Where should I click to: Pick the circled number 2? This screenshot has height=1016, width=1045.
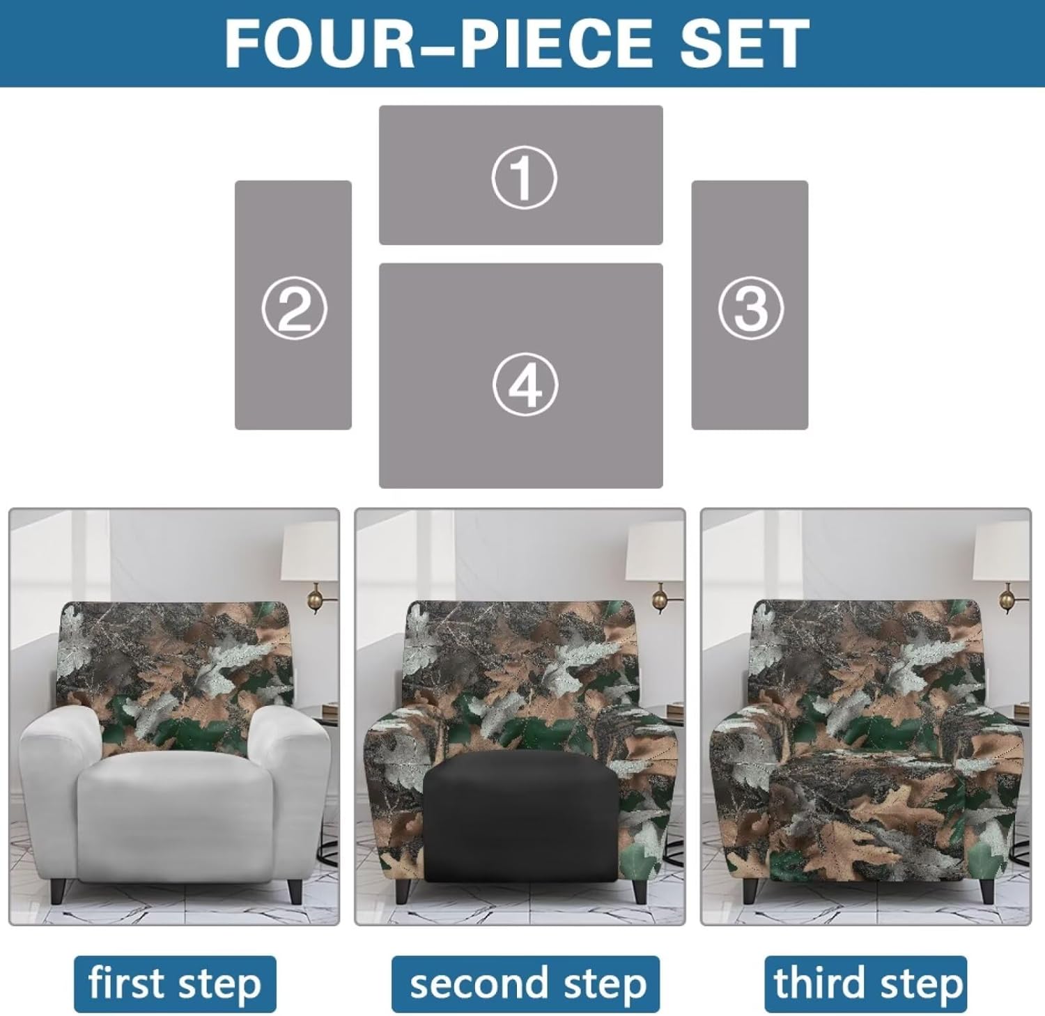(x=294, y=308)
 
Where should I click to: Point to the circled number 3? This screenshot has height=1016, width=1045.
(x=750, y=308)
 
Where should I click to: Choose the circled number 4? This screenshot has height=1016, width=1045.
(x=525, y=385)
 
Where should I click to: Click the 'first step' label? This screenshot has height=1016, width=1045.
(x=175, y=984)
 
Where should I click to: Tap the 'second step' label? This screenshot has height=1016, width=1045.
(x=525, y=984)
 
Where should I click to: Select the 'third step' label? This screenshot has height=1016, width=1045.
(x=866, y=984)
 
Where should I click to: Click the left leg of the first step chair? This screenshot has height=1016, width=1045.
(x=58, y=890)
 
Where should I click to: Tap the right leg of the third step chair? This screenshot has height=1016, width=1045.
(x=986, y=890)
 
